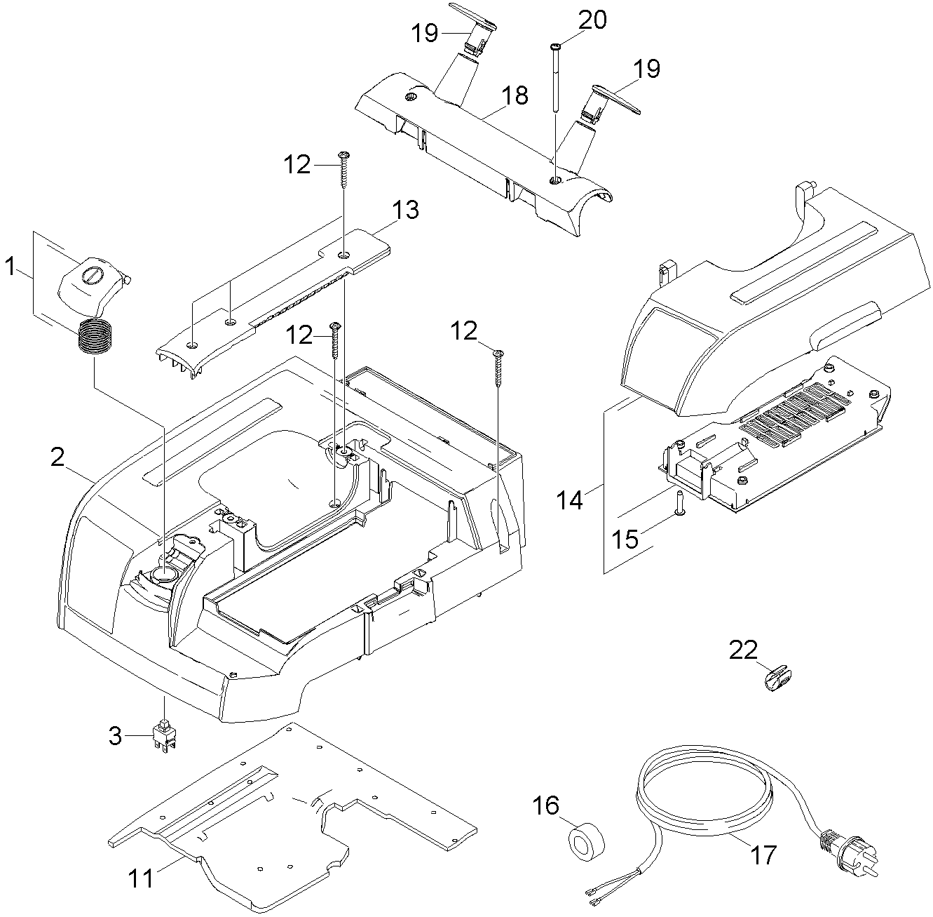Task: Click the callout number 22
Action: pos(743,650)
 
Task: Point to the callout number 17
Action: pos(763,855)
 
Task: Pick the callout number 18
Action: pos(515,95)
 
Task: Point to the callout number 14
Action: pos(571,501)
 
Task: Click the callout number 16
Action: pos(547,805)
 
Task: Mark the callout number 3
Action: pos(116,736)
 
